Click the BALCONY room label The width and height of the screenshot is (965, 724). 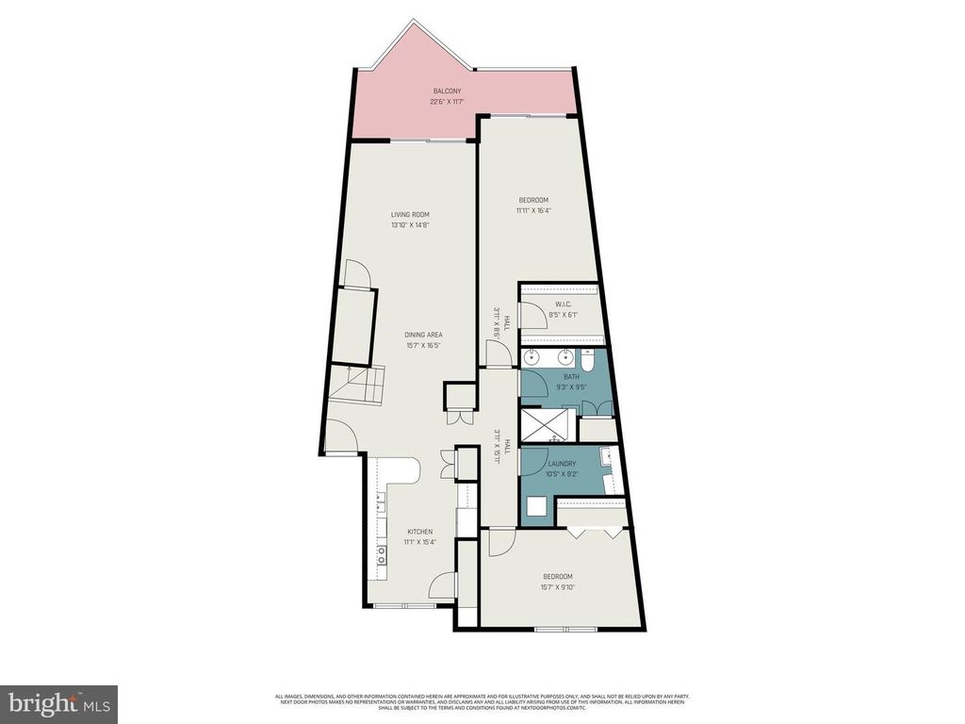pyautogui.click(x=447, y=90)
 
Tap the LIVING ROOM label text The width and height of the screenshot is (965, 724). pyautogui.click(x=410, y=215)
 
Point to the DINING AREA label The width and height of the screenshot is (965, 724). pyautogui.click(x=423, y=335)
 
